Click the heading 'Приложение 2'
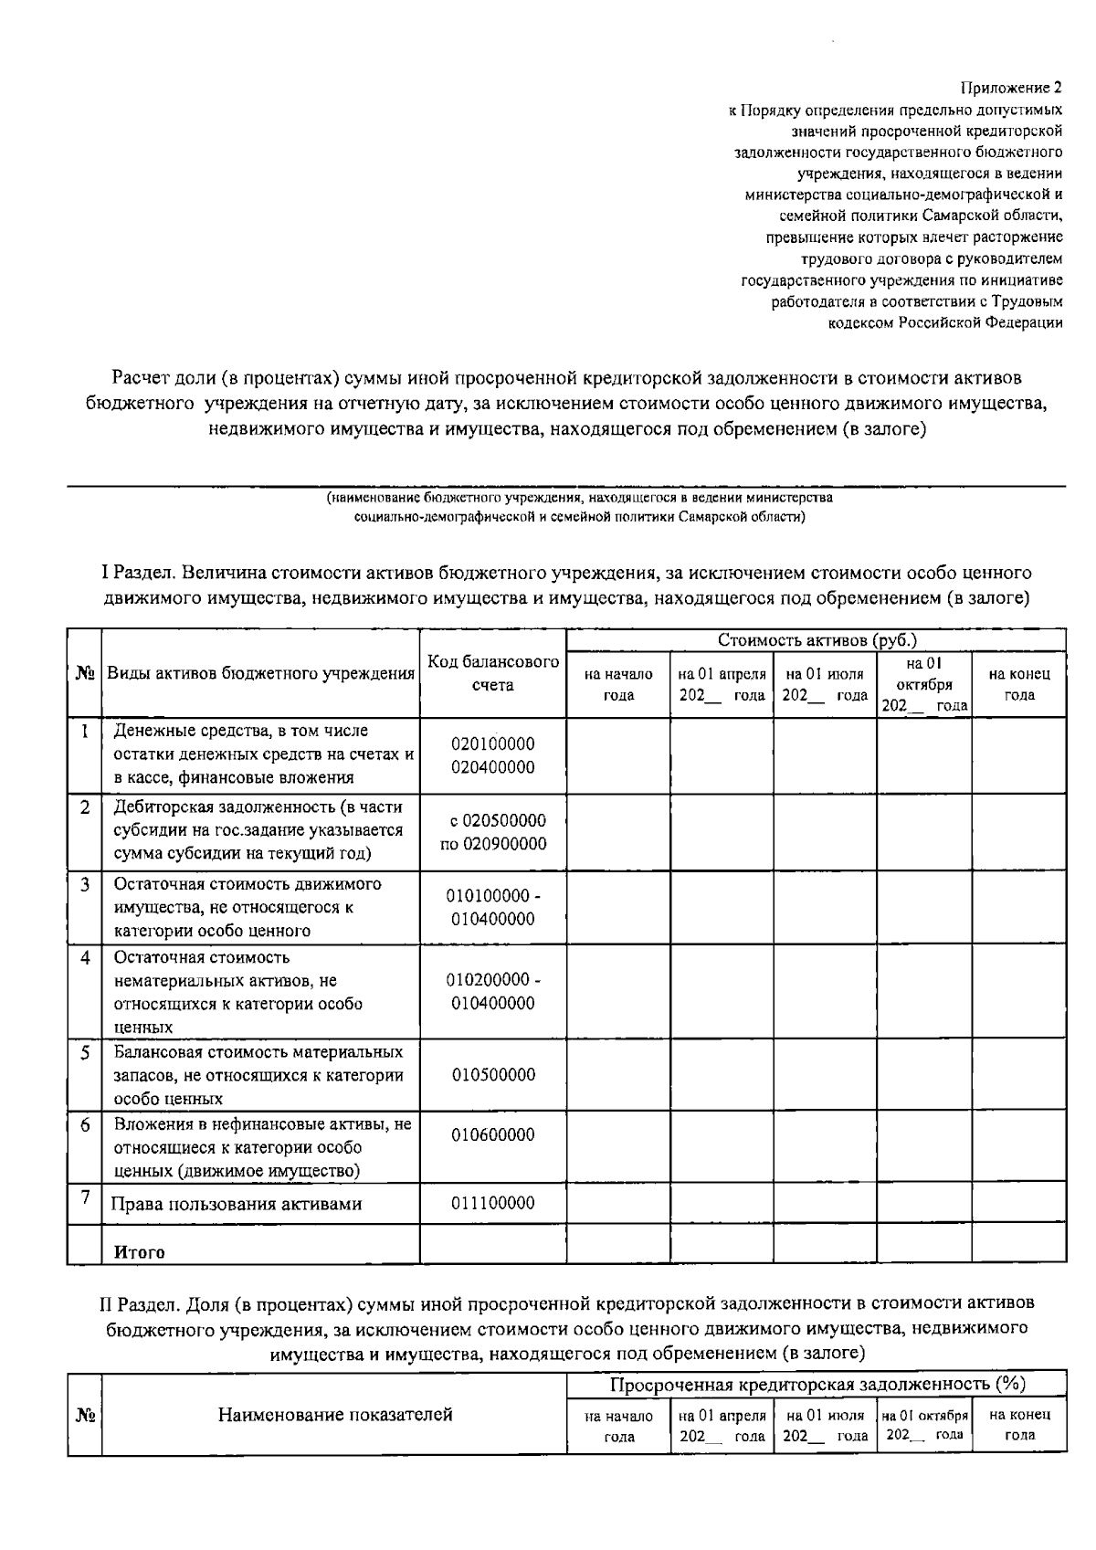click(x=1011, y=89)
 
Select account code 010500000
click(x=493, y=1075)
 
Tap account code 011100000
click(x=493, y=1203)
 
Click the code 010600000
click(x=493, y=1135)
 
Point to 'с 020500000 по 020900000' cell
click(x=493, y=832)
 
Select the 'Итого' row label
click(x=139, y=1252)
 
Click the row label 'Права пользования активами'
click(x=236, y=1204)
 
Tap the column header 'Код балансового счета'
click(x=493, y=673)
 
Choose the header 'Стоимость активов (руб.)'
click(x=817, y=640)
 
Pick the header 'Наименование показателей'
click(x=334, y=1415)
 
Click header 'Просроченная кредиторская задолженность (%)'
click(x=817, y=1385)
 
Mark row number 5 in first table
click(x=84, y=1052)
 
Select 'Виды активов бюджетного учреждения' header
click(x=260, y=674)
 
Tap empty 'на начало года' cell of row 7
click(x=618, y=1203)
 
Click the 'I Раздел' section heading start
click(x=137, y=574)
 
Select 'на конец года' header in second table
click(x=1019, y=1425)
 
